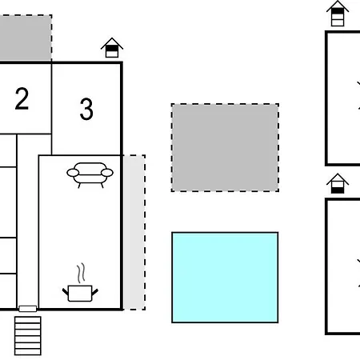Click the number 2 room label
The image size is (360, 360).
pos(22,98)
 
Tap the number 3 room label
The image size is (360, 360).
pos(86,109)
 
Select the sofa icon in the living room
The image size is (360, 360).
pos(90,175)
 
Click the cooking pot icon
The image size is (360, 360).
pos(80,294)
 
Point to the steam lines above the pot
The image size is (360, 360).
pos(81,273)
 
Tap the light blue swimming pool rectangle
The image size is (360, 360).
pos(225,278)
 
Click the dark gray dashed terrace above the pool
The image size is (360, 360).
pos(225,147)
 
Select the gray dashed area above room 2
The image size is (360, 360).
pos(26,38)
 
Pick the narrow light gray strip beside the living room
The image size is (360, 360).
pos(134,232)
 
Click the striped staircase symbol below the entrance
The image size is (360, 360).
pos(28,336)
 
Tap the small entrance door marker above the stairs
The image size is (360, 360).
pos(28,309)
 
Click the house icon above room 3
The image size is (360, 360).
pos(112,47)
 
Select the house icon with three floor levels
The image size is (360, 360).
pos(338,14)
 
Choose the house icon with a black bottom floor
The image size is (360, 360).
pos(338,183)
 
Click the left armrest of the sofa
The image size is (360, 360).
pos(73,173)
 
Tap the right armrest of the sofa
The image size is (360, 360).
pos(107,173)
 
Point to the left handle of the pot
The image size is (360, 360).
pos(66,291)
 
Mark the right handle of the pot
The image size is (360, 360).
pos(95,292)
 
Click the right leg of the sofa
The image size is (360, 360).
pos(102,185)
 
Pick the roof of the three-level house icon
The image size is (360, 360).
pos(338,6)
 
